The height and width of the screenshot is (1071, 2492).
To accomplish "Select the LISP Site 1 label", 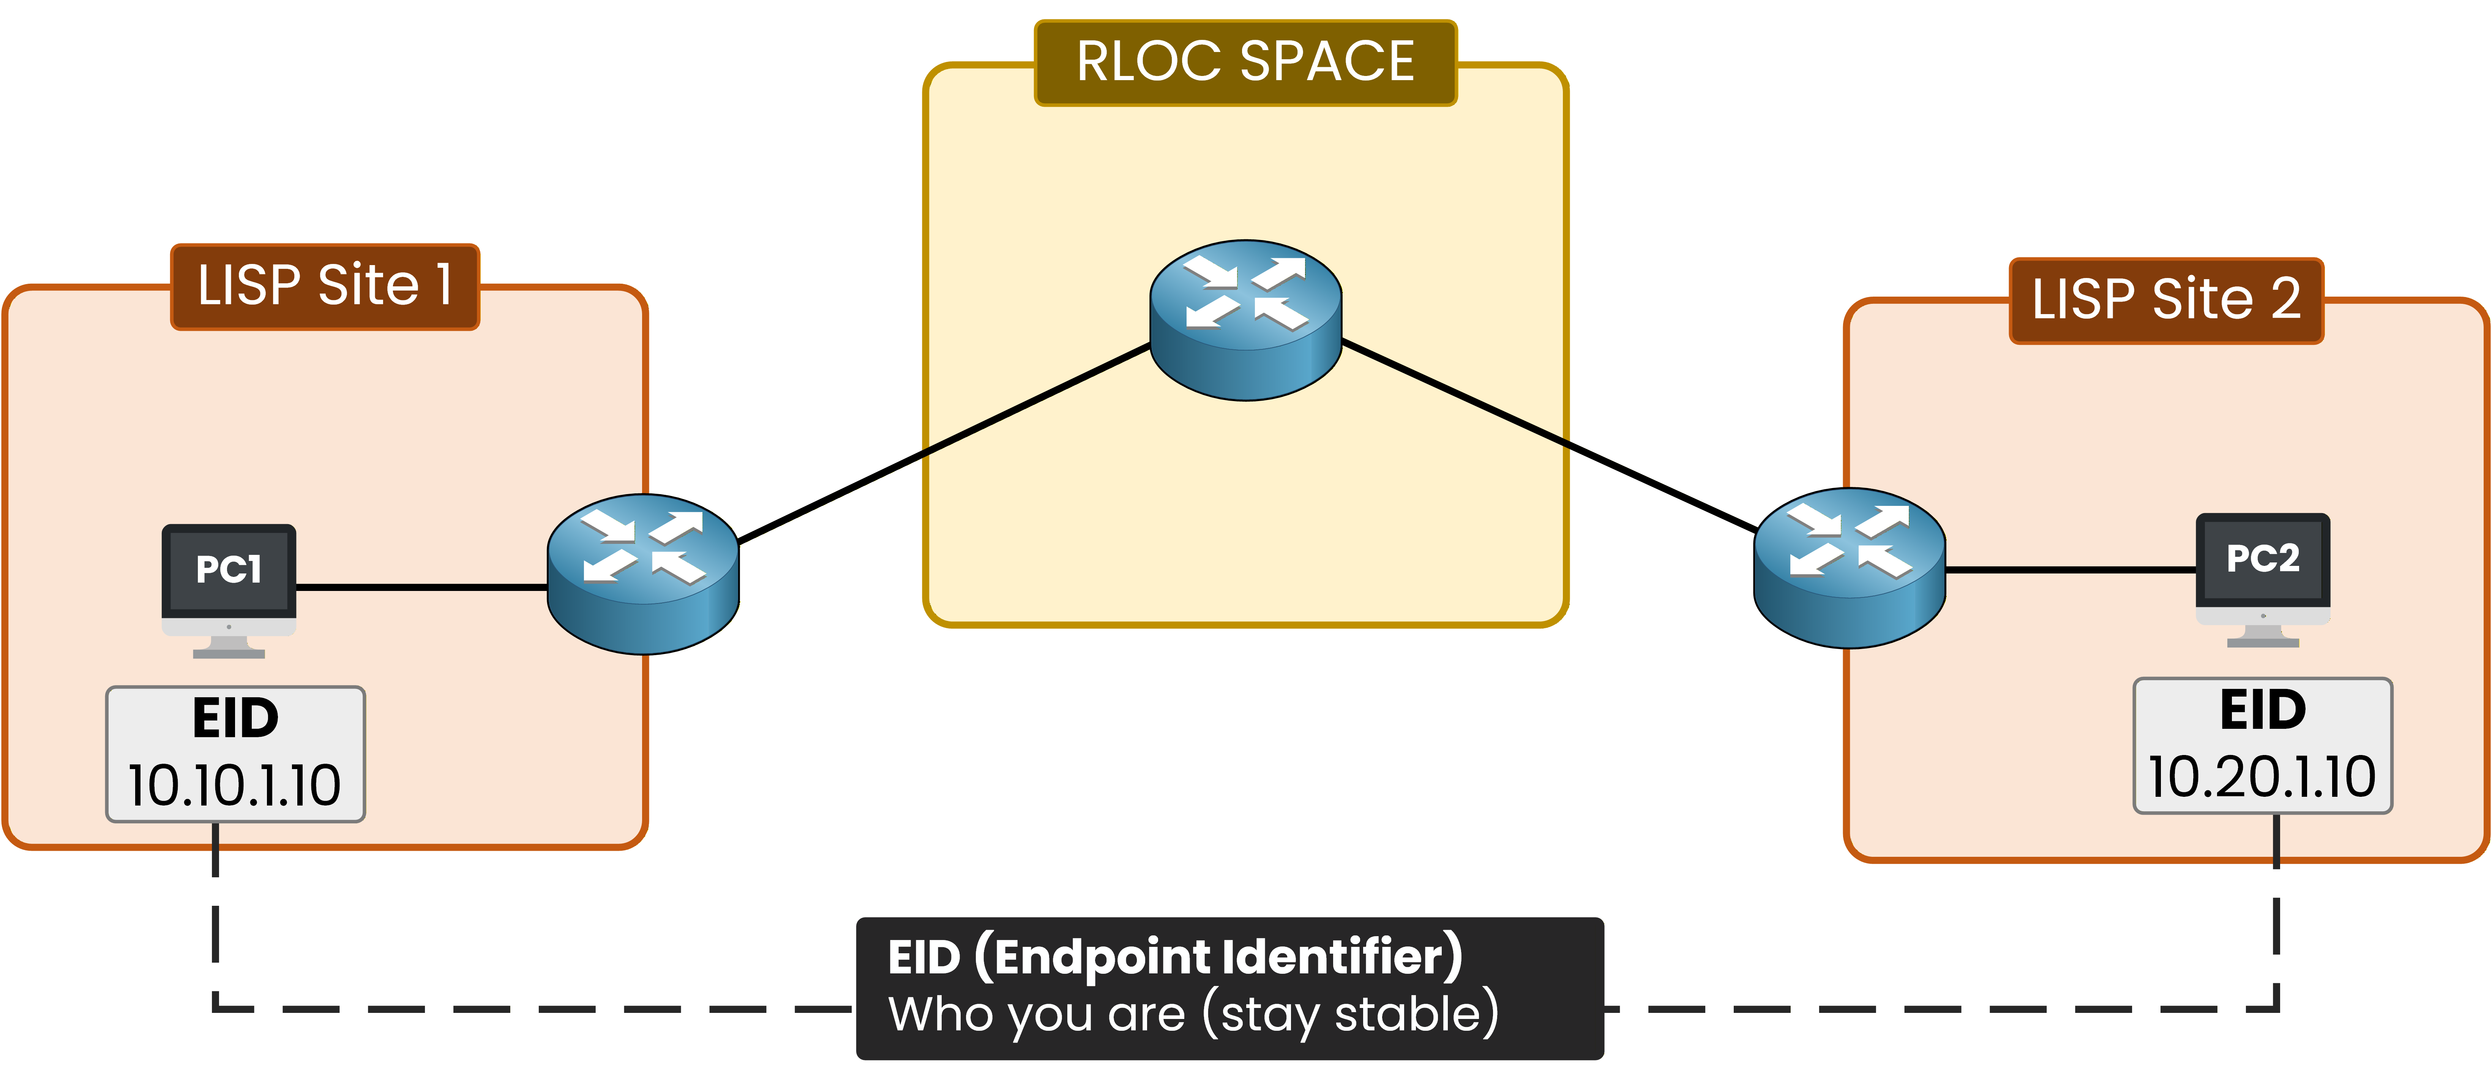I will pyautogui.click(x=325, y=286).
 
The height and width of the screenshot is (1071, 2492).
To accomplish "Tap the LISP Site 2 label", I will pyautogui.click(x=2166, y=300).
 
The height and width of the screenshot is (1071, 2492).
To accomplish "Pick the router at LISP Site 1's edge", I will pyautogui.click(x=643, y=574).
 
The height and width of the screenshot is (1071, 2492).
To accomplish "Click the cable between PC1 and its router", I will pyautogui.click(x=421, y=586).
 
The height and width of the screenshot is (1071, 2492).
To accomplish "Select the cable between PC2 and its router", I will pyautogui.click(x=2070, y=570).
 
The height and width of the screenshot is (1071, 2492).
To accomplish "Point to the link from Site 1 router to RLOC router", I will pyautogui.click(x=943, y=442).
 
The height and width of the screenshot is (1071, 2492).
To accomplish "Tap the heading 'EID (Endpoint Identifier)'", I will pyautogui.click(x=1174, y=957).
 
